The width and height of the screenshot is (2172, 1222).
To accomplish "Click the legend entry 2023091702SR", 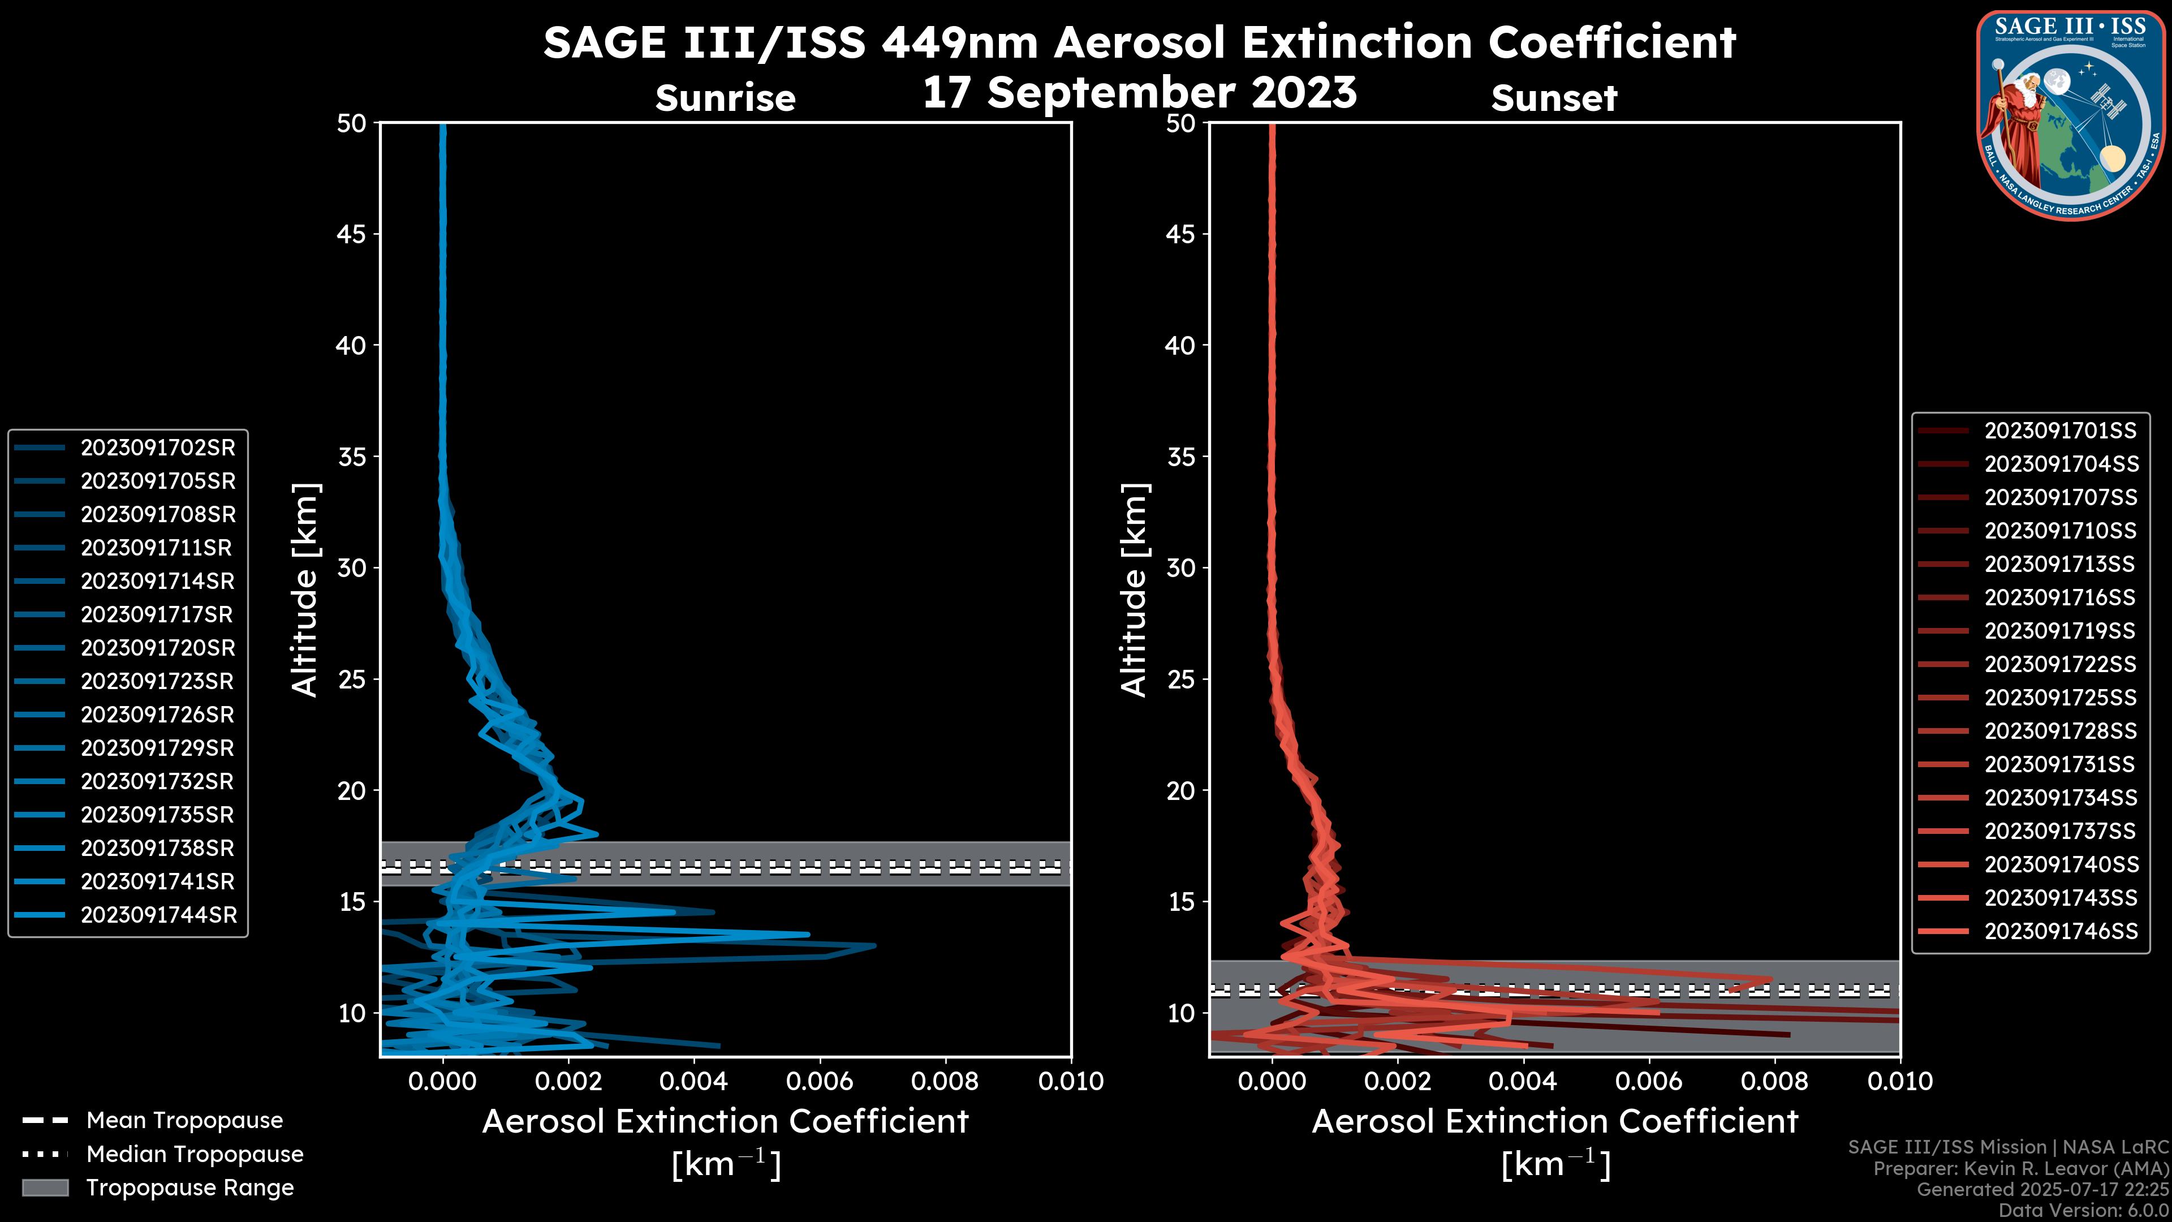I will pos(158,448).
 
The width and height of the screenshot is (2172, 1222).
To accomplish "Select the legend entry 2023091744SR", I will pos(158,915).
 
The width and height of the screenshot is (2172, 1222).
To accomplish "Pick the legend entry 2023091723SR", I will pos(158,681).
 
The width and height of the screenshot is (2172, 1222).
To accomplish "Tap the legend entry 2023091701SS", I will pos(2060,431).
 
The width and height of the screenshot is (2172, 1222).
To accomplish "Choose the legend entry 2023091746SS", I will pos(2061,931).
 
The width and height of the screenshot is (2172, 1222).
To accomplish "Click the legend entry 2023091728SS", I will pos(2060,731).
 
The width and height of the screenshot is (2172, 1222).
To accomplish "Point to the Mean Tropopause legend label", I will pos(184,1121).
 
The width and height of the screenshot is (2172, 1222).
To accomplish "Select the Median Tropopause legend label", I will pos(195,1155).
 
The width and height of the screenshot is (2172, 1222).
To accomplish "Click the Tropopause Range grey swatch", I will pos(45,1188).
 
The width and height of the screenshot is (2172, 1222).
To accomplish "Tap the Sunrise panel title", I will pos(725,98).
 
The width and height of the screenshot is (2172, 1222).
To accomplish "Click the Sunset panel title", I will pos(1554,98).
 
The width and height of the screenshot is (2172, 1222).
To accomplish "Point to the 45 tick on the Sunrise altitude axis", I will pos(352,234).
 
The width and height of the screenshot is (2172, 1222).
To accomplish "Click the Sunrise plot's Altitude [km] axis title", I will pos(304,590).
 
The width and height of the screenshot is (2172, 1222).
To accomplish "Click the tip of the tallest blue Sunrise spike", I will pos(875,945).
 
